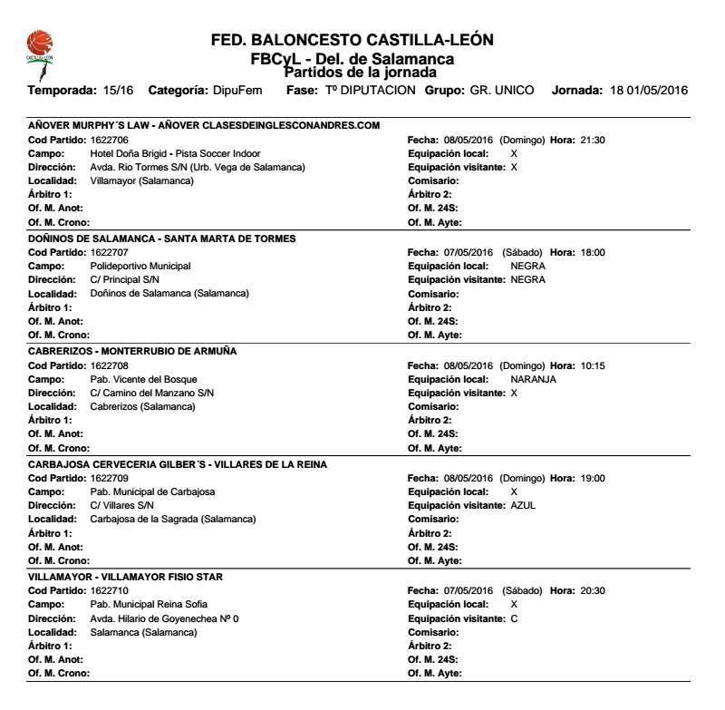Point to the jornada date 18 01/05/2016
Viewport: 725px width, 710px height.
647,91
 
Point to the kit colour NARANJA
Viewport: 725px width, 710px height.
534,379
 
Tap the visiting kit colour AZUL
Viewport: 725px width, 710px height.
524,505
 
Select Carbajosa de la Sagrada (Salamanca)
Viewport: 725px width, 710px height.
173,519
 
